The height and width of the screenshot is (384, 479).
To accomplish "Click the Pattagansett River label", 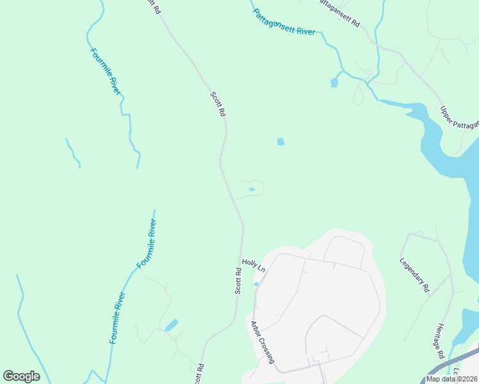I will [x=284, y=22].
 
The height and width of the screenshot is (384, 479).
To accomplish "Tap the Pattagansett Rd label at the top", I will [x=339, y=13].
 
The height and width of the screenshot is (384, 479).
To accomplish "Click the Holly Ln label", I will [x=254, y=264].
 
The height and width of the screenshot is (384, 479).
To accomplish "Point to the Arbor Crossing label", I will [x=263, y=342].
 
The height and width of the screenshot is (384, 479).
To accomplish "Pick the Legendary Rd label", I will [x=414, y=275].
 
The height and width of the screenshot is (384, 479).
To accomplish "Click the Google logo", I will [x=21, y=376].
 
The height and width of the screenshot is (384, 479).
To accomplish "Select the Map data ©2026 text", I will [x=451, y=379].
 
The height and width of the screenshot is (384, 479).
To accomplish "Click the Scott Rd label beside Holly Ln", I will [x=238, y=281].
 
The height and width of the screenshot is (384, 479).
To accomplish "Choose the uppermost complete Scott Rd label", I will [x=218, y=104].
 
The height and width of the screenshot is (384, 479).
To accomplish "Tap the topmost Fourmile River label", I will [x=105, y=72].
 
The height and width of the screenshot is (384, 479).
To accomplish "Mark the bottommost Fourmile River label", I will [x=117, y=318].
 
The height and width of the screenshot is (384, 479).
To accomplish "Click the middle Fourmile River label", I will [x=147, y=243].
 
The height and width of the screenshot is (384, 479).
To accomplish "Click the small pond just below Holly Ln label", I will [x=257, y=284].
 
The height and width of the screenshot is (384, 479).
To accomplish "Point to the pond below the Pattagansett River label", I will [x=334, y=83].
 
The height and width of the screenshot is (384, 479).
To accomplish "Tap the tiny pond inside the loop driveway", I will [x=252, y=189].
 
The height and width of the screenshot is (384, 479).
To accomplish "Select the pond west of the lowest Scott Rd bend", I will [x=171, y=325].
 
